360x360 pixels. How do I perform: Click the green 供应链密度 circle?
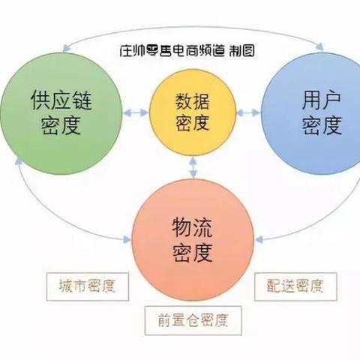click(x=61, y=113)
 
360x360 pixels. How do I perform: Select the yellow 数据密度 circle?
click(x=193, y=112)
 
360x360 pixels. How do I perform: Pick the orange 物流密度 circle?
click(x=193, y=240)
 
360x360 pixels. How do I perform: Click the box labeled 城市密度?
click(x=88, y=286)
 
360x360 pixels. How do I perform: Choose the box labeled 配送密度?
click(x=295, y=286)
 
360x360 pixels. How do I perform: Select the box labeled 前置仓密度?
click(x=193, y=320)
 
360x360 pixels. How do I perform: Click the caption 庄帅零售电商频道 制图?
click(x=187, y=51)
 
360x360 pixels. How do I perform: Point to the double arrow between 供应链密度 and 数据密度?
click(x=136, y=112)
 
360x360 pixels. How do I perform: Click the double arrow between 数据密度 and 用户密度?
click(x=248, y=112)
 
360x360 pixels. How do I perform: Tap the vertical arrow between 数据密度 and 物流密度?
click(x=193, y=167)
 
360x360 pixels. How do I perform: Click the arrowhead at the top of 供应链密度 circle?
click(x=65, y=48)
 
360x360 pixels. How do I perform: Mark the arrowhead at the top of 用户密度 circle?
click(x=320, y=46)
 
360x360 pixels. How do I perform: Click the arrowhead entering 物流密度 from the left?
click(x=127, y=239)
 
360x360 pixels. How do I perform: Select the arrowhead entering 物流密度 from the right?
click(x=259, y=239)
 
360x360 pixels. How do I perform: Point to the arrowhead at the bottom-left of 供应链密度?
click(x=18, y=162)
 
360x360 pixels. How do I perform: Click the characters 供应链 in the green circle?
click(x=61, y=100)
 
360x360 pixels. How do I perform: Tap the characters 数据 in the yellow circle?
click(x=192, y=101)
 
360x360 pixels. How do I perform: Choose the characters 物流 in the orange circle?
click(x=192, y=227)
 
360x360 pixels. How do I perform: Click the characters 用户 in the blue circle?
click(x=321, y=100)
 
